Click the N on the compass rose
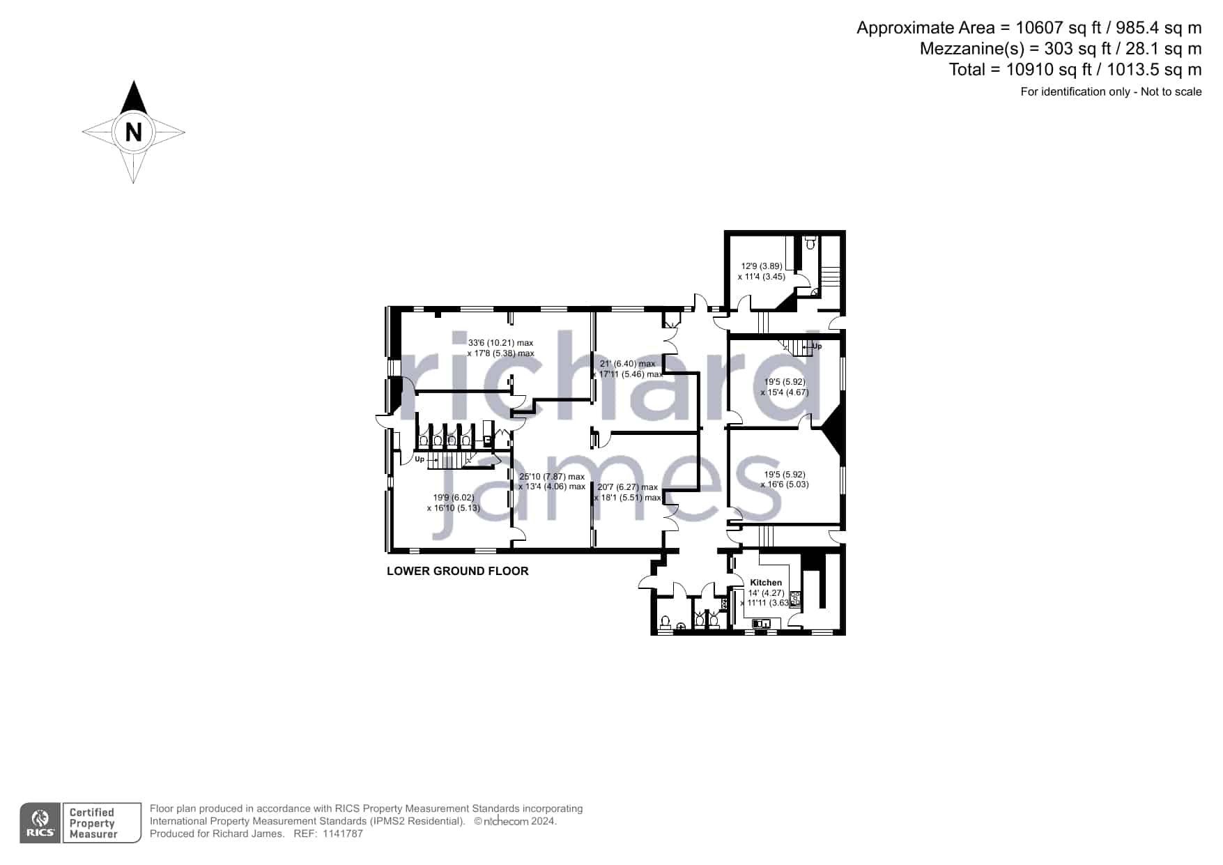133,131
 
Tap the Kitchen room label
766,583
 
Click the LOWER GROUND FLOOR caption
458,571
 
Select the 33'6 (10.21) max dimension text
500,343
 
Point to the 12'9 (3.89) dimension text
761,266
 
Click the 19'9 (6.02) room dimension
453,498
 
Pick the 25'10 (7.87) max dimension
552,477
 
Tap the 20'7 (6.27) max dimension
627,487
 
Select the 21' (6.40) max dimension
627,364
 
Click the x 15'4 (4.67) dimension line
785,392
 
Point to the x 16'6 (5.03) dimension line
785,484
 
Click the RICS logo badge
40,823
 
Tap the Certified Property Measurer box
102,823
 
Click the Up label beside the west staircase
420,459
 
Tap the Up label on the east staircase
817,346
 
